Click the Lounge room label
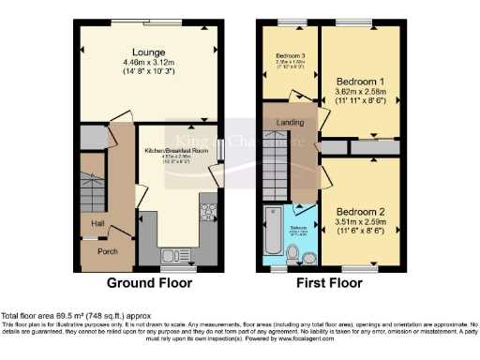(x=150, y=52)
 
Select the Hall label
(x=97, y=223)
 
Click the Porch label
(x=108, y=251)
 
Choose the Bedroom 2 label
(x=361, y=212)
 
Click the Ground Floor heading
(x=150, y=282)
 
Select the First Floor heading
(x=331, y=282)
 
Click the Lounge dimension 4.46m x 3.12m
(x=150, y=63)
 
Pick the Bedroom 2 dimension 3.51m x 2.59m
(x=361, y=223)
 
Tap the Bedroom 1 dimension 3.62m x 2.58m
(x=361, y=93)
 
